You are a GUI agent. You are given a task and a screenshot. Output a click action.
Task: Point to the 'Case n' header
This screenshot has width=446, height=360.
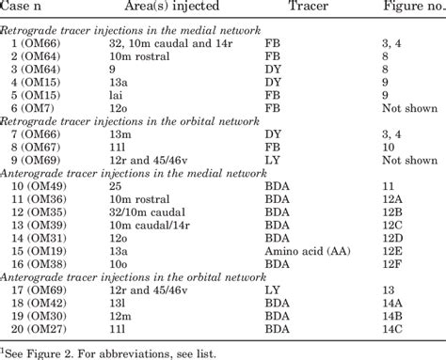[31, 8]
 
